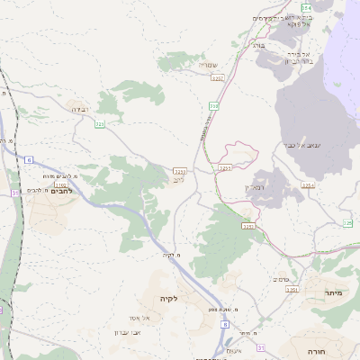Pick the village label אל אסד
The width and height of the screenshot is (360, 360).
point(152,318)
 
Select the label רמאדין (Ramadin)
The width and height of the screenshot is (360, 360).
point(257,187)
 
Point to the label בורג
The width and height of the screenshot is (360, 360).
point(258,43)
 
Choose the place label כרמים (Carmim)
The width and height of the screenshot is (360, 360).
point(280,279)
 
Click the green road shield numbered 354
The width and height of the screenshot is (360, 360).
point(305,8)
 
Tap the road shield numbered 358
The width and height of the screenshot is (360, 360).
point(213,106)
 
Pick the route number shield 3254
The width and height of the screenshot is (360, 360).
point(309,184)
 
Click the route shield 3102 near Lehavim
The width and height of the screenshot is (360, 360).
point(48,184)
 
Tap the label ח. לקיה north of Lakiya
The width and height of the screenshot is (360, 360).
point(172,255)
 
